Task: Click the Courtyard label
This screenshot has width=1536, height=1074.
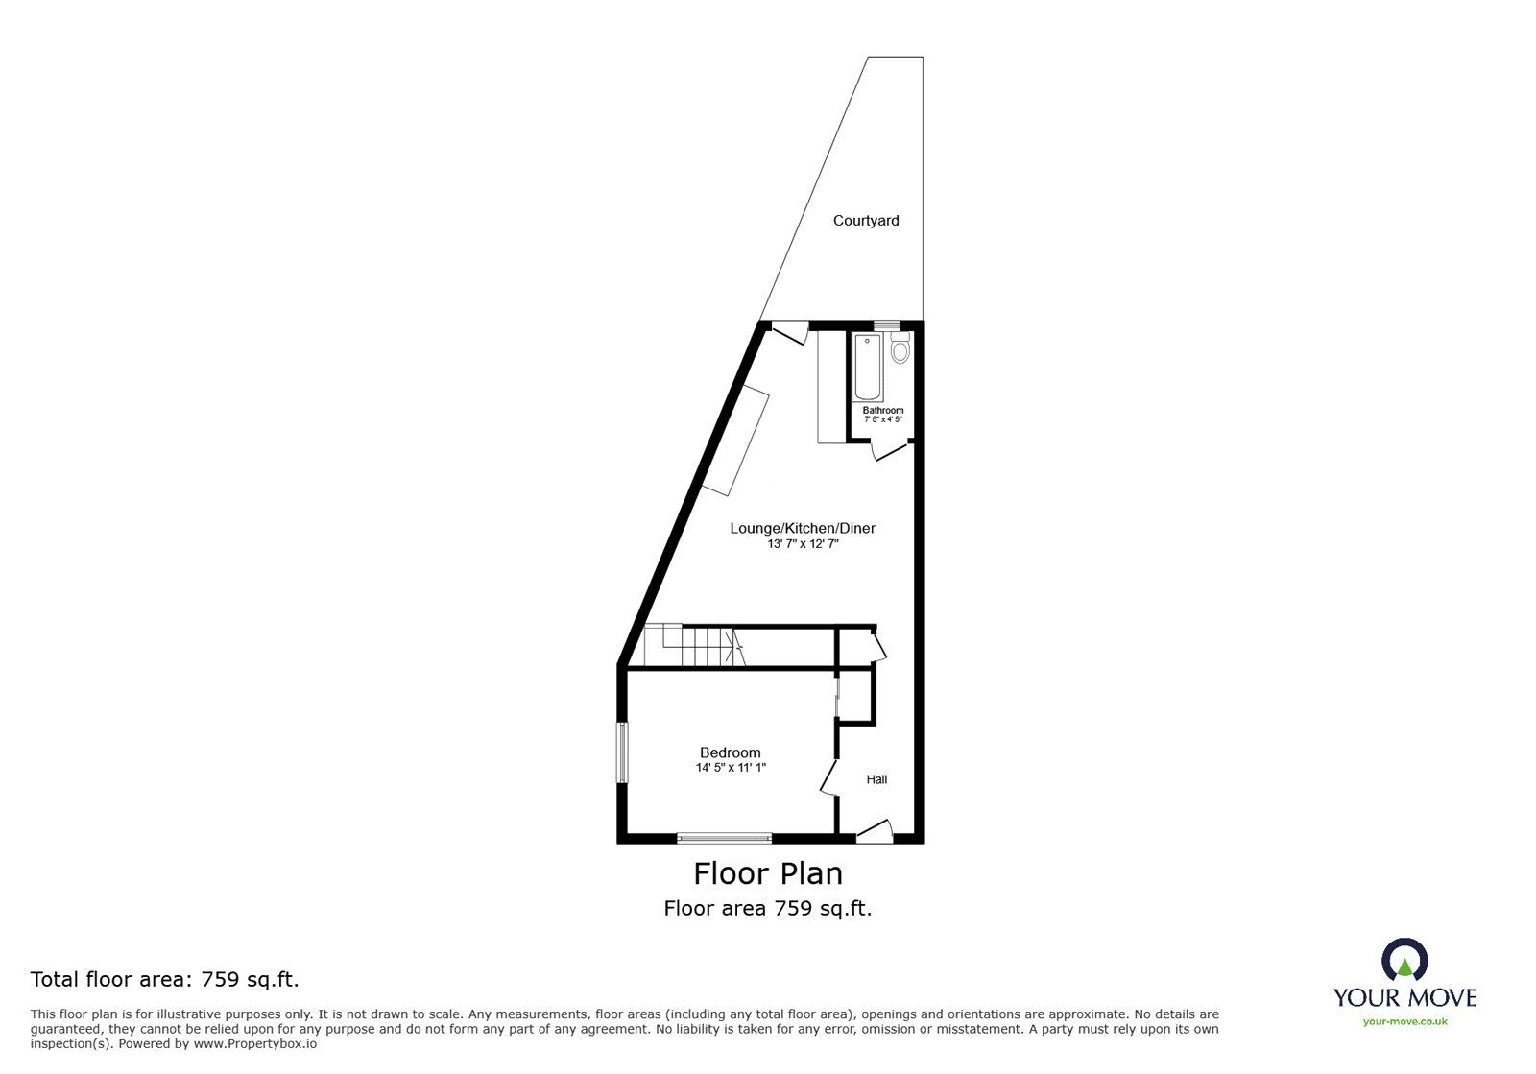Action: [x=866, y=221]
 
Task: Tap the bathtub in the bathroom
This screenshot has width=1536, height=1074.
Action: [x=868, y=367]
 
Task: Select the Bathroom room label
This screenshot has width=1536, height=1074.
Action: [x=882, y=411]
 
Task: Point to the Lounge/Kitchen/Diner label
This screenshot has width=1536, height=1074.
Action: [x=803, y=528]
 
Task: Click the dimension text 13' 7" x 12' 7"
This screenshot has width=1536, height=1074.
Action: [x=803, y=544]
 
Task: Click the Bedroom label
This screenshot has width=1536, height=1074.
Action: [x=730, y=752]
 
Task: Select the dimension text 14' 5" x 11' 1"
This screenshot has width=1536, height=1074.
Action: [x=731, y=768]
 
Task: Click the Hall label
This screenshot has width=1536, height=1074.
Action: [x=876, y=779]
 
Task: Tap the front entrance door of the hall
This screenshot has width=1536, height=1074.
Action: [x=875, y=831]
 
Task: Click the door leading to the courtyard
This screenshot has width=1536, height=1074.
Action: [x=789, y=331]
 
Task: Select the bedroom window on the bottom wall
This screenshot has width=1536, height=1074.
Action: [x=724, y=838]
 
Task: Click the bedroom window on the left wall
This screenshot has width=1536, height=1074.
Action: [x=622, y=752]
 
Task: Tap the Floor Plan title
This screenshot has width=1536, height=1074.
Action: [x=768, y=873]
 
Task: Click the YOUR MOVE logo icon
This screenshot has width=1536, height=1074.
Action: [x=1404, y=960]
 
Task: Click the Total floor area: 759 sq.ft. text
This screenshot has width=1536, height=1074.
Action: [x=165, y=980]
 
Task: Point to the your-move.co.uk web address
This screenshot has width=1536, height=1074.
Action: [x=1404, y=1022]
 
